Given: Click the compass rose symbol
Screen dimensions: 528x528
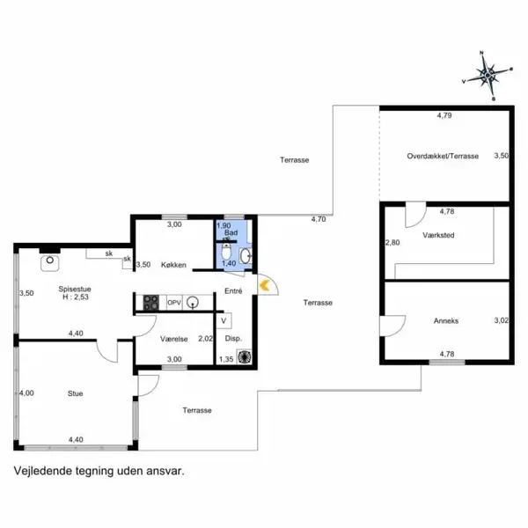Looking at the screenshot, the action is tap(488, 76).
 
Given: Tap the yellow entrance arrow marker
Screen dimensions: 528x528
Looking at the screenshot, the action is tap(264, 285).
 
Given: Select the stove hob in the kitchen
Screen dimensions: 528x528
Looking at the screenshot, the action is tap(150, 303).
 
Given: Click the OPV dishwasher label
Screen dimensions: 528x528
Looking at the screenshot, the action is tap(174, 303).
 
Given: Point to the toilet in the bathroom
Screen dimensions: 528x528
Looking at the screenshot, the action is tap(226, 252).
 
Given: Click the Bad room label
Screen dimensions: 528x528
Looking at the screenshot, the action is tap(231, 232).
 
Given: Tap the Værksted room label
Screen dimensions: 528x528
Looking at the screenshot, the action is tap(438, 235).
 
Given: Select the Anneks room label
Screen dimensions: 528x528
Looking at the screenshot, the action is tap(446, 321).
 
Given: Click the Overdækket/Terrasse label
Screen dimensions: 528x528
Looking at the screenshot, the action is tap(443, 156).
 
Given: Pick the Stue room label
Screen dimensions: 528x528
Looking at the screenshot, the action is tap(75, 393).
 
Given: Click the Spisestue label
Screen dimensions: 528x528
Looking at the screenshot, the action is tap(75, 289).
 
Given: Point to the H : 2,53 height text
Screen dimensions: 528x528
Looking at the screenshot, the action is tap(76, 297).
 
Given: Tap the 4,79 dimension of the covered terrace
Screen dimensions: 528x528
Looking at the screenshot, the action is tap(444, 115).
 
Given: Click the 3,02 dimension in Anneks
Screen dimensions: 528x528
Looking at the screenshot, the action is tap(501, 320).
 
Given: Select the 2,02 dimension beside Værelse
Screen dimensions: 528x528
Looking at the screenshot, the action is tap(205, 339).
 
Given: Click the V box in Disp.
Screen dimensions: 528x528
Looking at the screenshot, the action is tap(224, 321).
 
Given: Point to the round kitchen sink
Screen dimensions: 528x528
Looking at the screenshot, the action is tap(193, 302).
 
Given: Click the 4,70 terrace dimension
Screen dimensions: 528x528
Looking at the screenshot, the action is tap(319, 219).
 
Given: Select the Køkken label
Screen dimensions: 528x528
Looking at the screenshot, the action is tap(173, 265).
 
